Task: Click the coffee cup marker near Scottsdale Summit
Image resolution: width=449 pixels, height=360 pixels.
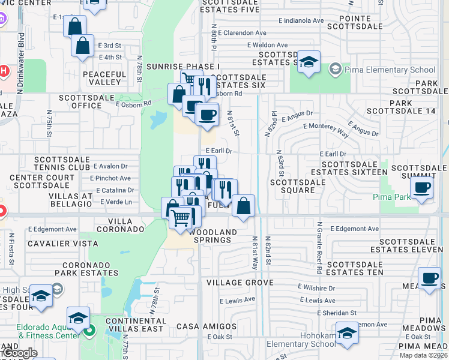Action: [x=421, y=188]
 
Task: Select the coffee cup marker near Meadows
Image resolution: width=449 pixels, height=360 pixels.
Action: [x=429, y=278]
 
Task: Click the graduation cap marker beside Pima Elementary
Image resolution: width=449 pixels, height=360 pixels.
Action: [x=309, y=62]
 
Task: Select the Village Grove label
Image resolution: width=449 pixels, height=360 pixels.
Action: [x=240, y=282]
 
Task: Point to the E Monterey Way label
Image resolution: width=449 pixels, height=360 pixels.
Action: [x=326, y=129]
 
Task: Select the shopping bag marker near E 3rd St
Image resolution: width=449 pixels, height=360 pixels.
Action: [x=82, y=46]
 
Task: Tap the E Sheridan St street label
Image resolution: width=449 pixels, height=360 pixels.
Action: [x=337, y=312]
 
